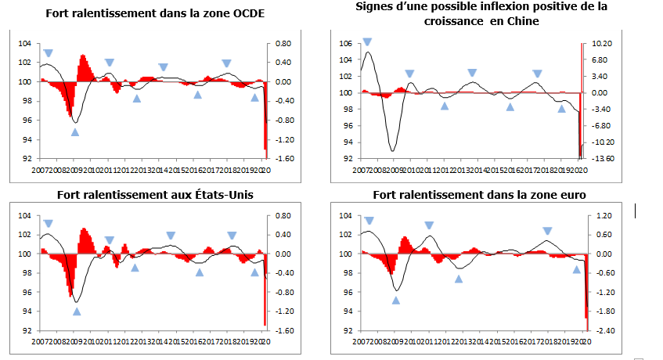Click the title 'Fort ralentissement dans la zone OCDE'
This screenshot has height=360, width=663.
pyautogui.click(x=155, y=13)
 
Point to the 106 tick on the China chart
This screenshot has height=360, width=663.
pyautogui.click(x=346, y=43)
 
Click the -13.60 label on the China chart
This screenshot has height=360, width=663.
pyautogui.click(x=600, y=158)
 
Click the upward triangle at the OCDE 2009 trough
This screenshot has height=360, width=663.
pyautogui.click(x=75, y=132)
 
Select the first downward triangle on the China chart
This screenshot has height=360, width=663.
pyautogui.click(x=367, y=42)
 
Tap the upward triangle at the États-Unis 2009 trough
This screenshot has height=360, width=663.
pyautogui.click(x=77, y=311)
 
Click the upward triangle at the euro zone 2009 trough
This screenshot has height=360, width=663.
pyautogui.click(x=395, y=301)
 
